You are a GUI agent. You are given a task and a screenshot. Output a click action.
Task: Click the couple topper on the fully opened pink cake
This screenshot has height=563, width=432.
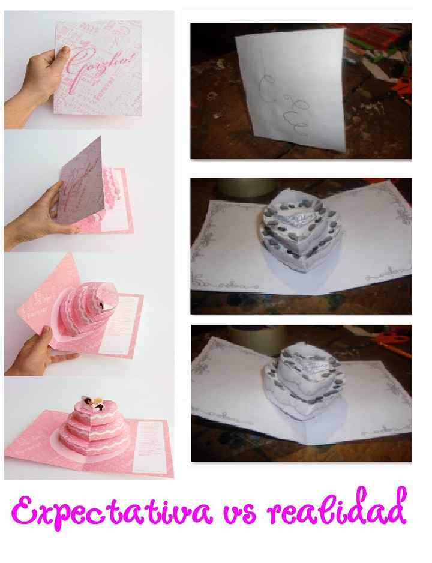pos(95,404)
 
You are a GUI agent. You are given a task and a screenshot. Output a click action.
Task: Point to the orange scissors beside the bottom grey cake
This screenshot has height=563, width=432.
pos(394,342)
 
